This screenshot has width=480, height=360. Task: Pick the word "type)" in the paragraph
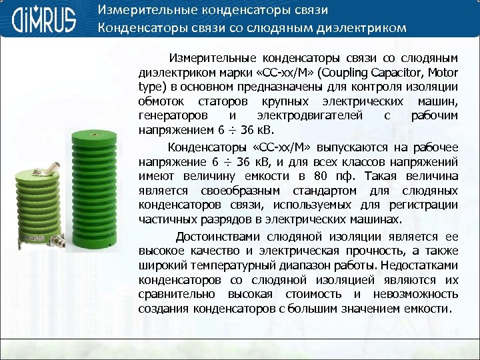coord(152,87)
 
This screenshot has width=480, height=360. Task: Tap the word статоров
coord(223,101)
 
